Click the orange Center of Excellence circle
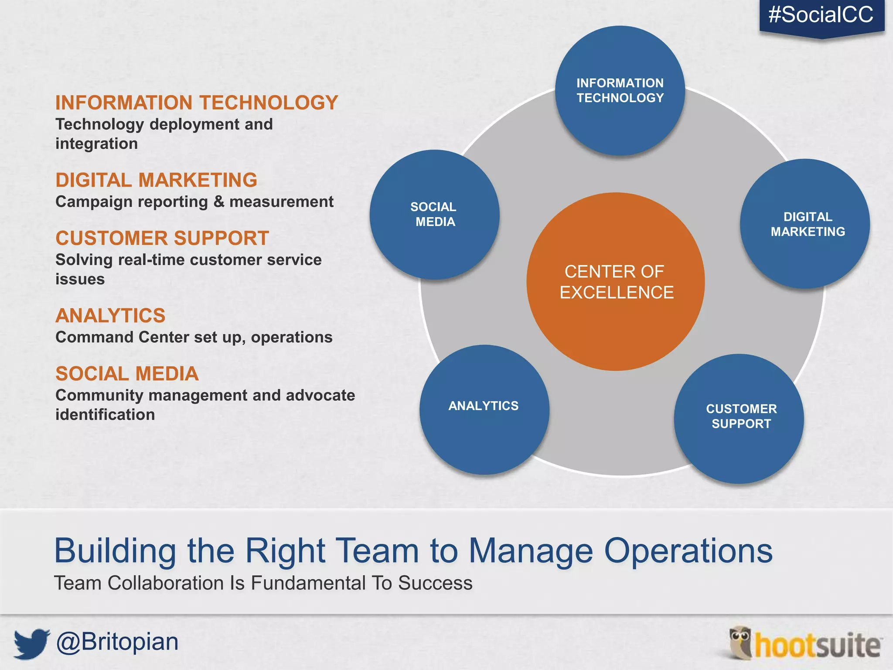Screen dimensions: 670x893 (x=616, y=282)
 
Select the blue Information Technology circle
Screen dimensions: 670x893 (x=620, y=91)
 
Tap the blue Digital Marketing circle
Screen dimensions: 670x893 (x=805, y=224)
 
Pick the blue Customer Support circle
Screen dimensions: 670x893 (x=739, y=419)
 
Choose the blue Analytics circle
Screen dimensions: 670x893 (x=484, y=410)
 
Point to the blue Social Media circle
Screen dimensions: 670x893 (x=434, y=215)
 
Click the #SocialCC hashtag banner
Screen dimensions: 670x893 (x=821, y=16)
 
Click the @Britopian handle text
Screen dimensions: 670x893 (x=117, y=642)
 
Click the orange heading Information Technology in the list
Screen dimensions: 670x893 (x=197, y=103)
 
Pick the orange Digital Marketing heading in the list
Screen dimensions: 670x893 (x=156, y=180)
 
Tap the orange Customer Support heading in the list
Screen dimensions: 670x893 (x=162, y=239)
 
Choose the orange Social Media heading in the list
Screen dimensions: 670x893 (x=127, y=374)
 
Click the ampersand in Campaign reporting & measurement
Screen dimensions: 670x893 (x=218, y=202)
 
